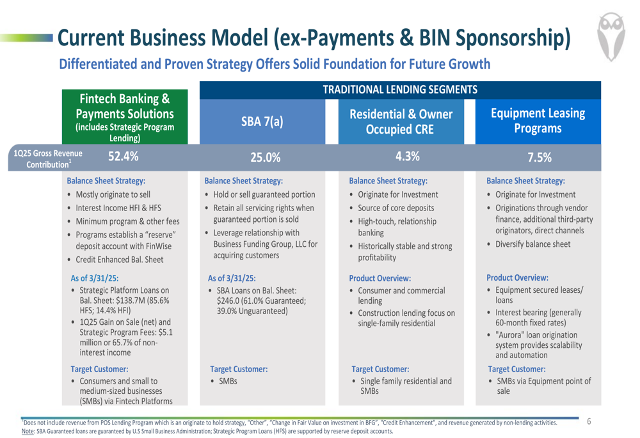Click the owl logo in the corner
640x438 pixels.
click(611, 36)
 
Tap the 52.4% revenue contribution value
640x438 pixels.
click(124, 156)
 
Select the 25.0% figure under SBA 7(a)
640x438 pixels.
click(266, 157)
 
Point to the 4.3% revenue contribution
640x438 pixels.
click(407, 156)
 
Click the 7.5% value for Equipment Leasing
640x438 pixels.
click(540, 157)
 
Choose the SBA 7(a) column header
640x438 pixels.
click(262, 121)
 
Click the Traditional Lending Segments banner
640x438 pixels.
click(400, 90)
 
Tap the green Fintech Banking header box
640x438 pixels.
click(125, 116)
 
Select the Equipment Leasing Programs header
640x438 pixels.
click(538, 121)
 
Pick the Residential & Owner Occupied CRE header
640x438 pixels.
click(401, 121)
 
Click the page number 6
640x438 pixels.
click(589, 421)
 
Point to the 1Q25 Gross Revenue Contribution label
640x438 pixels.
click(48, 159)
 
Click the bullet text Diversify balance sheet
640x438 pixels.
click(532, 244)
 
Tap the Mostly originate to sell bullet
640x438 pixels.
click(113, 194)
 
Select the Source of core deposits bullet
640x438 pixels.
click(396, 208)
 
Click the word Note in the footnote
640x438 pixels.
click(28, 431)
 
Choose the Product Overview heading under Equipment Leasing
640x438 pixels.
click(517, 278)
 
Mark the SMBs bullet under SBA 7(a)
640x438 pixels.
click(228, 381)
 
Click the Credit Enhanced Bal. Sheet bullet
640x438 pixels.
click(120, 260)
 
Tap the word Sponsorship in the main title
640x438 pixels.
click(513, 38)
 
